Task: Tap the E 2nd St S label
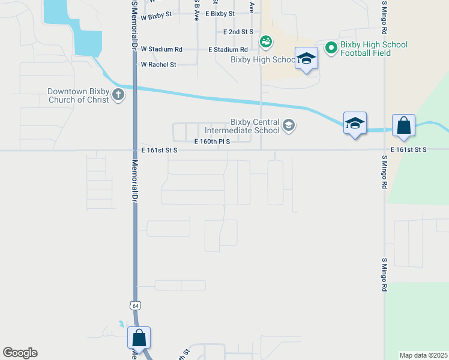tap(238, 31)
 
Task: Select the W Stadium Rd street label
tap(161, 49)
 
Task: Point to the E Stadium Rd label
tap(228, 50)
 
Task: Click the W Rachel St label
tap(158, 64)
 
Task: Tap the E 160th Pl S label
tap(212, 142)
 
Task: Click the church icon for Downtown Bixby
tap(118, 94)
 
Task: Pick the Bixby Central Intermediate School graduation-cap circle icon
tap(289, 125)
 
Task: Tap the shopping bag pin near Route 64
tap(139, 337)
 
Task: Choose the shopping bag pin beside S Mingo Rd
tap(404, 125)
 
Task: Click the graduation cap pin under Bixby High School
tap(306, 59)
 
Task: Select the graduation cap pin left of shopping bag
tap(355, 124)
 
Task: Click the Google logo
tap(20, 353)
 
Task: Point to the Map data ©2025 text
tap(423, 355)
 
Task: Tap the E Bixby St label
tap(220, 13)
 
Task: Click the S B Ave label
tap(196, 12)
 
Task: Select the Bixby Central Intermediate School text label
tap(243, 126)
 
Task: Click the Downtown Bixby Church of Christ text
tap(79, 96)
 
